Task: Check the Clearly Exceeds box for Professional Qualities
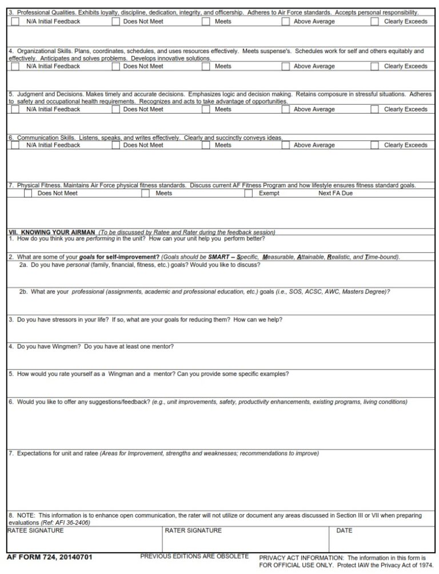pos(374,21)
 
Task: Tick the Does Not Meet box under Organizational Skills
pos(116,66)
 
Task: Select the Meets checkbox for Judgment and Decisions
pos(206,109)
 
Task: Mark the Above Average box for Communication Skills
pos(286,145)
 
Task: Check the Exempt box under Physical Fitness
pos(249,193)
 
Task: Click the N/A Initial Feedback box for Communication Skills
pos(15,145)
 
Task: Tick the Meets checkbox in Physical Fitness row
pos(146,193)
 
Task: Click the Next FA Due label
pos(336,193)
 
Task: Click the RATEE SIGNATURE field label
pos(35,531)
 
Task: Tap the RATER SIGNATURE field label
pos(193,531)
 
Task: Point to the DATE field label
pos(344,531)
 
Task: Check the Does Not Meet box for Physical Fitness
pos(28,193)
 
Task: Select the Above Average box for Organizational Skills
pos(286,66)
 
